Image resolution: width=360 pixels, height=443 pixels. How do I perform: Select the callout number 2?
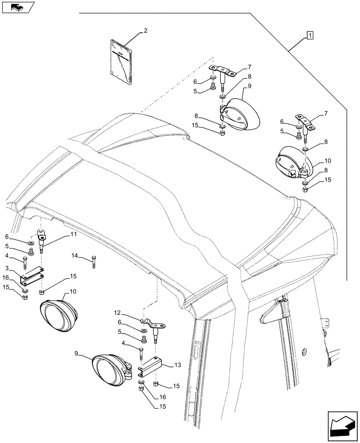[145, 31]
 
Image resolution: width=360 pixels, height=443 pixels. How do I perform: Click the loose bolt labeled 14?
[94, 262]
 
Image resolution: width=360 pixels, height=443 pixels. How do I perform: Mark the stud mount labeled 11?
[43, 239]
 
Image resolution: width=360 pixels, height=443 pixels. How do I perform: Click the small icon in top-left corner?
[17, 7]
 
